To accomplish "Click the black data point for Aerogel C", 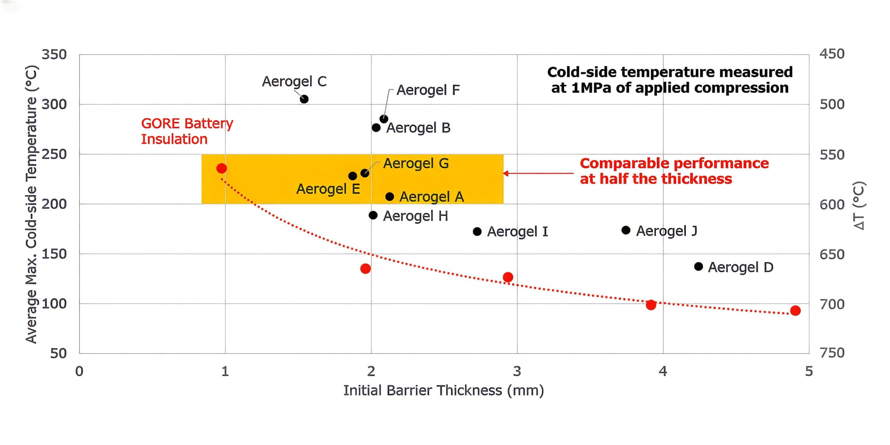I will (x=304, y=99).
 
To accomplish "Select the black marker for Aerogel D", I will (x=699, y=267).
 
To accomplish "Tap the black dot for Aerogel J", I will (x=626, y=230).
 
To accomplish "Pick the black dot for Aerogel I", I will (x=477, y=231).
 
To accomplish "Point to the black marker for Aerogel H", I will (x=373, y=216).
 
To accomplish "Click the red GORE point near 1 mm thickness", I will (x=222, y=168).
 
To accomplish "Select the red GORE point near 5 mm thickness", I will (x=795, y=311).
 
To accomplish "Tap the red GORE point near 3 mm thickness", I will (x=508, y=277).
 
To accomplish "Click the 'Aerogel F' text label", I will (x=428, y=90).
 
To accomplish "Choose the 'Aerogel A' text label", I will (x=432, y=197).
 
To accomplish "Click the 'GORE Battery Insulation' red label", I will (x=187, y=131).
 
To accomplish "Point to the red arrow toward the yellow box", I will (x=538, y=173).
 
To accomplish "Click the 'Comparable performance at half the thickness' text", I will (x=674, y=171).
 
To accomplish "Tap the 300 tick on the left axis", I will (x=54, y=104).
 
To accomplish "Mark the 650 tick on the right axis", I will (x=832, y=254).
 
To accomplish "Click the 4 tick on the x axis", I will (x=663, y=371).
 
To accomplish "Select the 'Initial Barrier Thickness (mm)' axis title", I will (x=443, y=391).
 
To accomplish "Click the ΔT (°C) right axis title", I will (x=859, y=205).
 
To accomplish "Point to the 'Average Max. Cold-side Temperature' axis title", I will (x=31, y=204).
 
